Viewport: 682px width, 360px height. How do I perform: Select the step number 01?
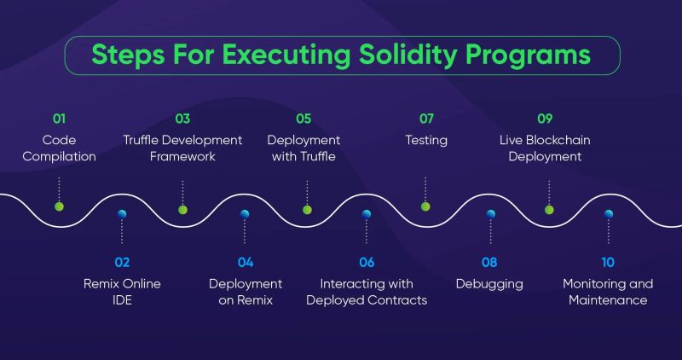tap(59, 119)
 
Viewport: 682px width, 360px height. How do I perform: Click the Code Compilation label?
tap(59, 148)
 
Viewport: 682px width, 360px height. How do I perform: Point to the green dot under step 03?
tap(182, 209)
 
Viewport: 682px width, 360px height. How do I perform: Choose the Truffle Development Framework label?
tap(182, 148)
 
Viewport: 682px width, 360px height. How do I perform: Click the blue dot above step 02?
tap(122, 214)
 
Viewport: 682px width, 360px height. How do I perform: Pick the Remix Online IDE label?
tap(122, 292)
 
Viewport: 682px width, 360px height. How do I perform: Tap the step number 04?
tap(246, 262)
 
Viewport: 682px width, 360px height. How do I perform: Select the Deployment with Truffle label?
tap(303, 148)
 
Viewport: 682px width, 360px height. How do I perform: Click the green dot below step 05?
tap(307, 209)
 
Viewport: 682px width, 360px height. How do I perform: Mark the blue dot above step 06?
tap(367, 214)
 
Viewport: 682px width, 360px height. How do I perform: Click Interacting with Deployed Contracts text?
tap(367, 292)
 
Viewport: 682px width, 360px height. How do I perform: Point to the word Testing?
tap(426, 140)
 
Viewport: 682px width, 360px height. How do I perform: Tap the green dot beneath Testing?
tap(425, 206)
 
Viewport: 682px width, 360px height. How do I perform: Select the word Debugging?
tap(489, 283)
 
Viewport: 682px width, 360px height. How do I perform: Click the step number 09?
tap(546, 119)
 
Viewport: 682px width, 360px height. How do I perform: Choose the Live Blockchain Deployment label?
tap(546, 148)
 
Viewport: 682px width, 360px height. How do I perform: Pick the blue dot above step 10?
tap(608, 214)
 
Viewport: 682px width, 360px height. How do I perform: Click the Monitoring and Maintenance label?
tap(608, 292)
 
